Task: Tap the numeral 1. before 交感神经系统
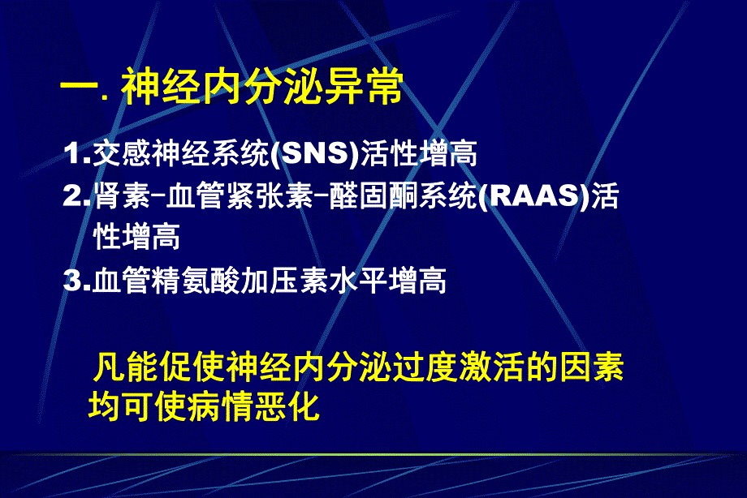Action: coord(78,153)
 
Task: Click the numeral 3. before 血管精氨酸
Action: coord(78,281)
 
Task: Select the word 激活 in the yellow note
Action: coord(476,367)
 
